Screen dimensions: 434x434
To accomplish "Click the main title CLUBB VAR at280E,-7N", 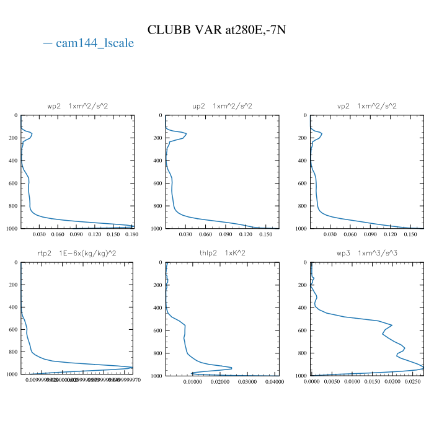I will [216, 30].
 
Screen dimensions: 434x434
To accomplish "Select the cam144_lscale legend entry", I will [89, 43].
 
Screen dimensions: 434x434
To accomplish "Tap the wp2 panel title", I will [77, 106].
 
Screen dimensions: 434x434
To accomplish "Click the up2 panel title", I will [222, 106].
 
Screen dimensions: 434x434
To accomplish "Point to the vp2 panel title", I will [366, 106].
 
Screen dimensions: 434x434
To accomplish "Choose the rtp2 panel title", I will [77, 253].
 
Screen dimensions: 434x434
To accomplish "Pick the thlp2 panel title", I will [222, 253].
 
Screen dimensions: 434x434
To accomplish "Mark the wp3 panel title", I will [366, 253].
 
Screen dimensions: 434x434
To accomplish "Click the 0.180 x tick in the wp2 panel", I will [131, 235].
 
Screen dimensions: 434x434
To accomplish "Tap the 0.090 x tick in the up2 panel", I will [226, 235].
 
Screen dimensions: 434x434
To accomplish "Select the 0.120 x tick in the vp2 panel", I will [391, 235].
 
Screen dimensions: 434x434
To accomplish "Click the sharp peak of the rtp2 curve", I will [132, 367].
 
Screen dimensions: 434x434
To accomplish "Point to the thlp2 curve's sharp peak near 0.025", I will [232, 368].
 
